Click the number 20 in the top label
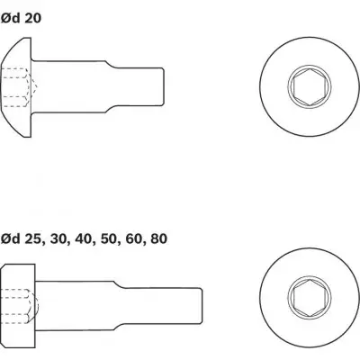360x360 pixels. (x=32, y=19)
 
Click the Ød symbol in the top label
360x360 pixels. (x=11, y=18)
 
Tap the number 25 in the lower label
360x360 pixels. (x=33, y=239)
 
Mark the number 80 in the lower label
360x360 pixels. (x=158, y=239)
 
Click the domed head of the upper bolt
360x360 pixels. (x=16, y=87)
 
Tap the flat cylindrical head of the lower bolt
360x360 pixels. (x=18, y=306)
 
